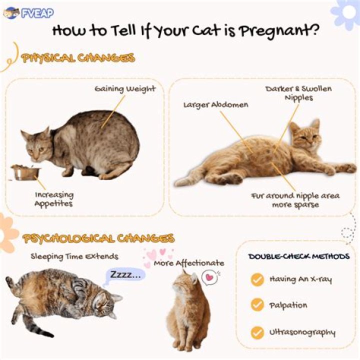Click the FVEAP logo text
(37, 13)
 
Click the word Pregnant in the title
(279, 31)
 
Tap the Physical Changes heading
(78, 58)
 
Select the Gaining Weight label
(125, 89)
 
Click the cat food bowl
(25, 172)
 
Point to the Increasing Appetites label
(54, 199)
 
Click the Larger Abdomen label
(216, 105)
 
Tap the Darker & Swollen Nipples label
(298, 93)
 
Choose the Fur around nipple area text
(295, 196)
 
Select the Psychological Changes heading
(98, 239)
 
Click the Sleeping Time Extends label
(74, 256)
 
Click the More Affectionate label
(189, 263)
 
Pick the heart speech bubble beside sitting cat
(209, 277)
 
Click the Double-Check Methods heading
(299, 256)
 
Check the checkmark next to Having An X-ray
(257, 279)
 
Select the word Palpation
(288, 305)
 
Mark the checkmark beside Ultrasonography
(257, 333)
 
